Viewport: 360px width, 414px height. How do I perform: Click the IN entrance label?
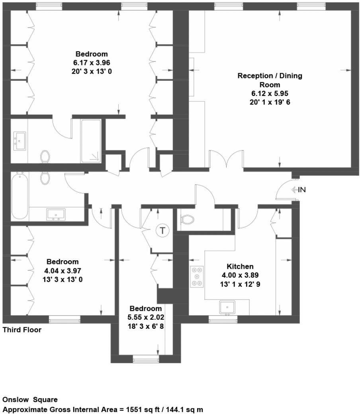(301, 190)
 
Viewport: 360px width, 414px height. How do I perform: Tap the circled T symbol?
(162, 230)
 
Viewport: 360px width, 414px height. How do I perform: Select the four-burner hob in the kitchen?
(196, 276)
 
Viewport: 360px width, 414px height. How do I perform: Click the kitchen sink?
(227, 307)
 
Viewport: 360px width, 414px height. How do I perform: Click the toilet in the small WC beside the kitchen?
(186, 219)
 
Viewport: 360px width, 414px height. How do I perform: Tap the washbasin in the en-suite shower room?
(19, 141)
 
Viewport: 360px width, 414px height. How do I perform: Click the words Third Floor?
(22, 330)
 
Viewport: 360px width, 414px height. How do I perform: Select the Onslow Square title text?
(30, 399)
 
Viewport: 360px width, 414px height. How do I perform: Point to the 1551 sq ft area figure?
(138, 409)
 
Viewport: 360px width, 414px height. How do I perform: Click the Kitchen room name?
(240, 266)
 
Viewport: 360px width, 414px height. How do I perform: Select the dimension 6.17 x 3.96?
(92, 62)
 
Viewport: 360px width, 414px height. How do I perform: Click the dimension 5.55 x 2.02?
(146, 317)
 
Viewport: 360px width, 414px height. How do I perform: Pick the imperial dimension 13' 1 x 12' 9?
(240, 284)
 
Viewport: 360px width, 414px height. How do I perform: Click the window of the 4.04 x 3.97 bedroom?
(65, 319)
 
